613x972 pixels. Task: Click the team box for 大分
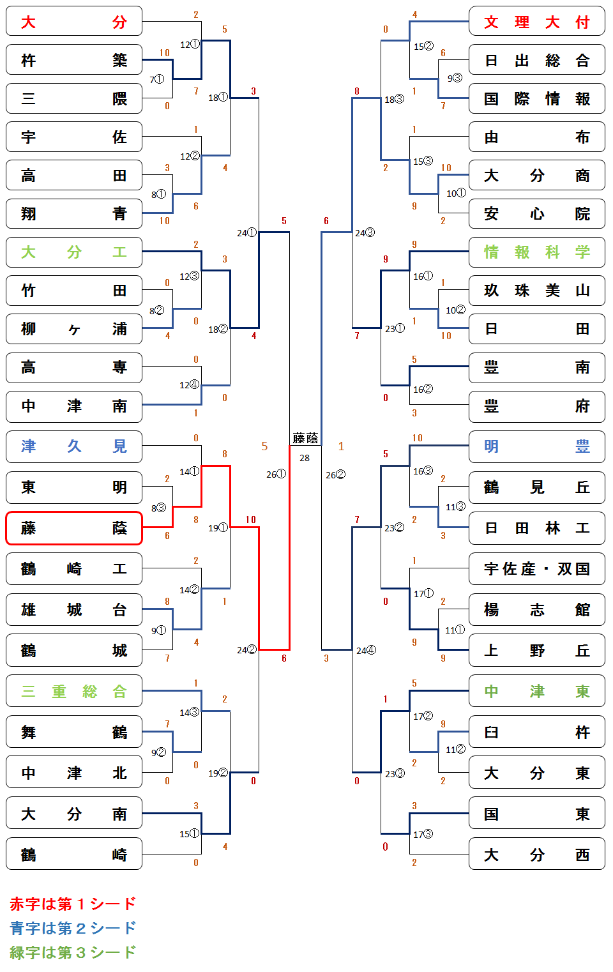coord(74,22)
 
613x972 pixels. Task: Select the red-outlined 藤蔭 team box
coord(74,528)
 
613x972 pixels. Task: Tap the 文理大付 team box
coord(536,22)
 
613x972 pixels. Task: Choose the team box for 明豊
coord(536,446)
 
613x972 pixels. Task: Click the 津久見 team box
coord(74,446)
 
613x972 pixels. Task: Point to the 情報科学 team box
coord(536,252)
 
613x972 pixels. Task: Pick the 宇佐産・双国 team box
coord(536,569)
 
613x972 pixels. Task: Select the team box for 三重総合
coord(74,692)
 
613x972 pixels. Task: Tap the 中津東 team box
coord(536,692)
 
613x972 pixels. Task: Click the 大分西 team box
coord(536,855)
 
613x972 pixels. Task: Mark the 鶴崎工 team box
coord(74,569)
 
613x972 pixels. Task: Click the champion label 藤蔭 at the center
coord(305,438)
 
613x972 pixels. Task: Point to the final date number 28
coord(305,458)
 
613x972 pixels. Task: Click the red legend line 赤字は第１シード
coord(73,904)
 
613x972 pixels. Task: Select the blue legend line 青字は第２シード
coord(73,928)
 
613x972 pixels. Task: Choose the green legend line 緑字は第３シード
coord(73,952)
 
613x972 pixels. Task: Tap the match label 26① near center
coord(276,475)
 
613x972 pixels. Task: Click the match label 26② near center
coord(335,475)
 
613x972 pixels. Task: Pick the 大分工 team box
coord(74,252)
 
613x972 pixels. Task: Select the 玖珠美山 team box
coord(536,291)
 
